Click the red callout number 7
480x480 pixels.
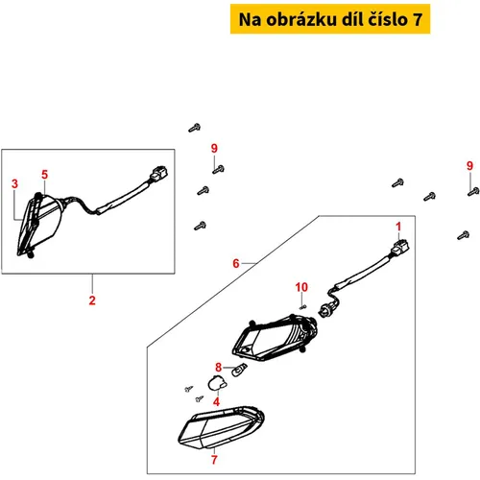[214, 460]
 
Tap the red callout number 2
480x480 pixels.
[92, 300]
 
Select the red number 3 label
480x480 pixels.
[14, 183]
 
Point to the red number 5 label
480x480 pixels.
[44, 175]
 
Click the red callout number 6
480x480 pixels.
[236, 263]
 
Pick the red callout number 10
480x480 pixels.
[301, 287]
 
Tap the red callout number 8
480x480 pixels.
[218, 367]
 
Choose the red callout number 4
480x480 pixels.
[217, 401]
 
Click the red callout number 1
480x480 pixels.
[398, 227]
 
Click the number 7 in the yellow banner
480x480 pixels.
[418, 19]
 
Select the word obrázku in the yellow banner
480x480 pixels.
[301, 19]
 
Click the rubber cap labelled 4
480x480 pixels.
[217, 383]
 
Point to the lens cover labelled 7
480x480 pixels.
[222, 427]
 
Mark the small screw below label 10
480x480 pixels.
[302, 307]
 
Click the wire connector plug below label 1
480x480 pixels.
[400, 247]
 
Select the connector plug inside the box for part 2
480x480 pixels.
[159, 173]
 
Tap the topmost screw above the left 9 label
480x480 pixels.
[194, 128]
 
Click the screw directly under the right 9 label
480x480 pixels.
[473, 191]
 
